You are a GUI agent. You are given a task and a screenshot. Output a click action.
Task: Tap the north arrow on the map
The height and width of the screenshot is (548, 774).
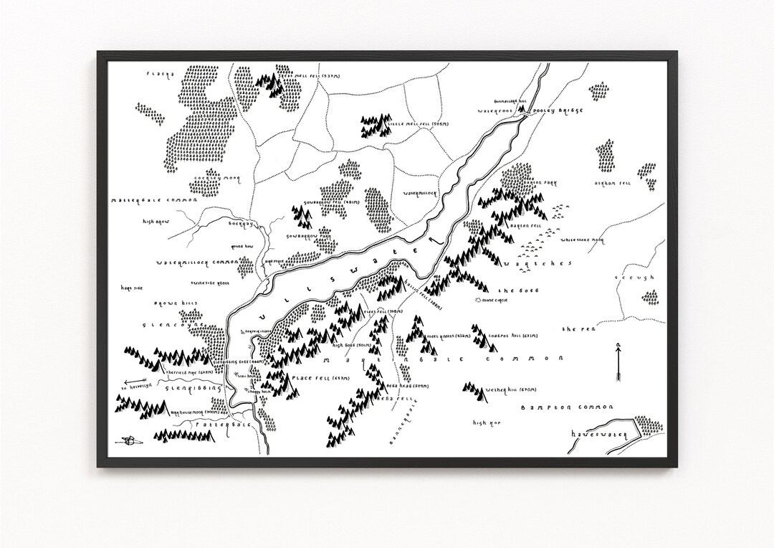[617, 362]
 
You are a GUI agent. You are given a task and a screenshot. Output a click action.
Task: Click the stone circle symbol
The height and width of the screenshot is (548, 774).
[479, 298]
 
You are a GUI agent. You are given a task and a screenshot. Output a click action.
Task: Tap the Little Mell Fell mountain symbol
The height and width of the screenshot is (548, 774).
[373, 127]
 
